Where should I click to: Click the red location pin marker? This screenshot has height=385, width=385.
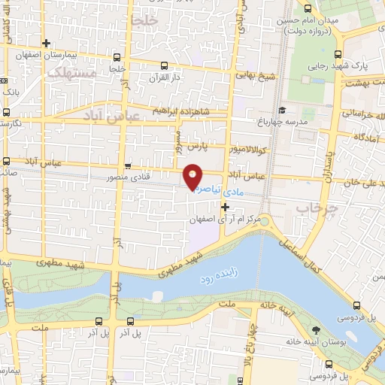click(x=193, y=175)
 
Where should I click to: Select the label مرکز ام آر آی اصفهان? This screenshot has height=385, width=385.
click(x=224, y=218)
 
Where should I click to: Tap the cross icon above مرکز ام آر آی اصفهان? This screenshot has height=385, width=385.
click(x=224, y=205)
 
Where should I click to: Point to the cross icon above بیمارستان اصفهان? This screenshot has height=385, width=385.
click(x=47, y=43)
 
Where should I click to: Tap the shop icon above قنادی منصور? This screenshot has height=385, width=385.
click(x=128, y=165)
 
